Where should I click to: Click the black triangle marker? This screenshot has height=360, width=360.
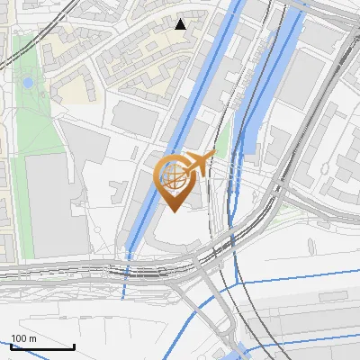pos(180,24)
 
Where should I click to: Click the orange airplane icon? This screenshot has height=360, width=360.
pos(199,163)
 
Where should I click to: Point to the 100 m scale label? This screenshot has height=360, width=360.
pos(23,337)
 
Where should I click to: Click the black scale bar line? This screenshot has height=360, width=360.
pos(41,346)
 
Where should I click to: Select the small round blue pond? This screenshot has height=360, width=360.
pos(28,82)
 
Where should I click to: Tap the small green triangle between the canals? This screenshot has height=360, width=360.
pos(221,136)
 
